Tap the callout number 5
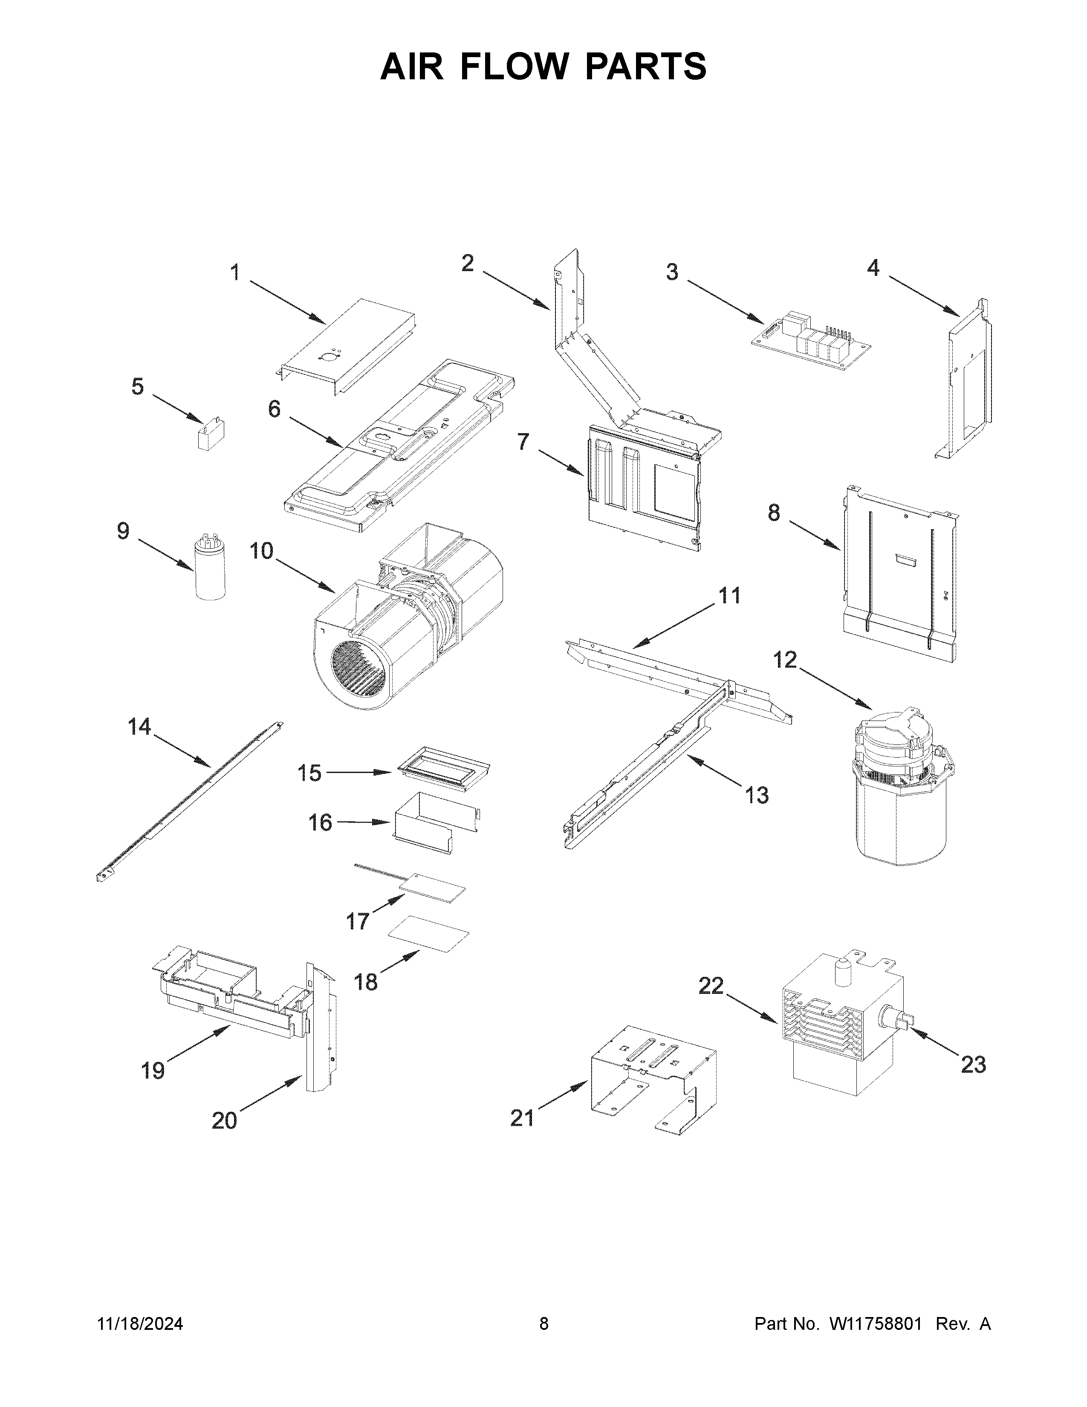[137, 387]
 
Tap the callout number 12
[785, 660]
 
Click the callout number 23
[973, 1065]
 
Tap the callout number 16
[320, 823]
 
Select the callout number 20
[224, 1121]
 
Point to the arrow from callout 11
[676, 625]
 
